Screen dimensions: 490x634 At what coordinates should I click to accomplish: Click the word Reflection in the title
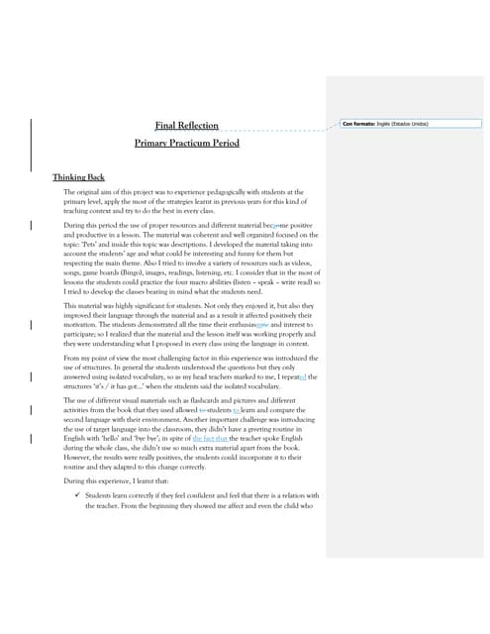coord(198,125)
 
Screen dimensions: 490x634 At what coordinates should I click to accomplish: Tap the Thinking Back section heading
coord(78,176)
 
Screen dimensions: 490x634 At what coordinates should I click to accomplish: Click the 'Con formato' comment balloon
coord(410,124)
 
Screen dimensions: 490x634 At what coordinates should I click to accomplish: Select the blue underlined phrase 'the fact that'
coord(210,438)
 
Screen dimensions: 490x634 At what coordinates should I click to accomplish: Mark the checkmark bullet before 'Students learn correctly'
coord(75,495)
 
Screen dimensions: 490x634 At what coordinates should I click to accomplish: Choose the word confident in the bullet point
coord(214,495)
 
